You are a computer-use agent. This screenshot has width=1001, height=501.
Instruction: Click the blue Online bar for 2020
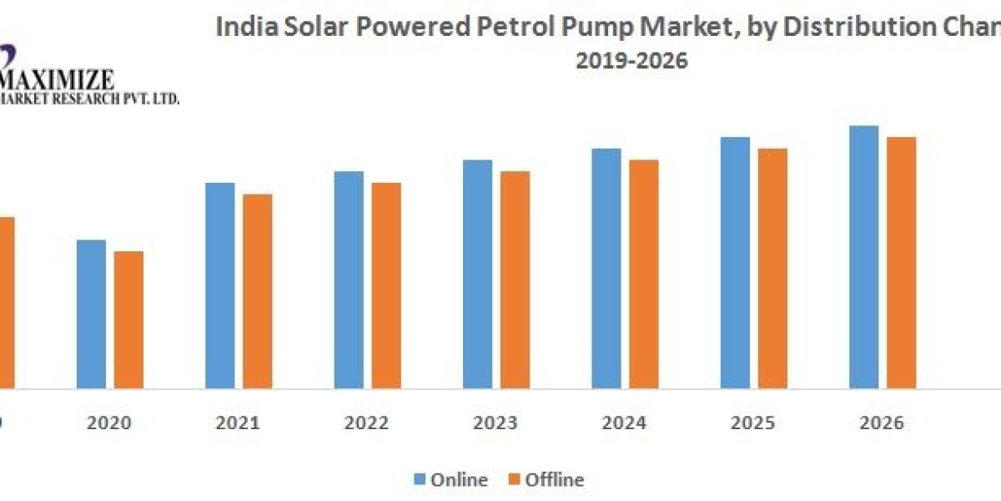(91, 314)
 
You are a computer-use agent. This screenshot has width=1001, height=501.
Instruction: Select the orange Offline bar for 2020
(128, 320)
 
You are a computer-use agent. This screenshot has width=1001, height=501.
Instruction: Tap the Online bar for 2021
(220, 285)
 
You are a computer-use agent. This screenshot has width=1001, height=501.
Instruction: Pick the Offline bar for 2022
(386, 285)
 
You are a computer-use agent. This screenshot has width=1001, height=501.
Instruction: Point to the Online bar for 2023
(478, 274)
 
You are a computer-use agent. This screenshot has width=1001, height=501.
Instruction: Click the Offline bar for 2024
(644, 274)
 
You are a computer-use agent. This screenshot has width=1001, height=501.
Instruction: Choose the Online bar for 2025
(735, 262)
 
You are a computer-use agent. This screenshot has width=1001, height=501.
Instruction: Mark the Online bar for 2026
(864, 257)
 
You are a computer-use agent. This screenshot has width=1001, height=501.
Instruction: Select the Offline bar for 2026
(902, 262)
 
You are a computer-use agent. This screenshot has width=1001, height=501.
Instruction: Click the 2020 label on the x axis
(109, 423)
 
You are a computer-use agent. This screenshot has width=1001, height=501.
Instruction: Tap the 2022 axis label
(367, 423)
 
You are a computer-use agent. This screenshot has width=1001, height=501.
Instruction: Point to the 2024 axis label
(625, 423)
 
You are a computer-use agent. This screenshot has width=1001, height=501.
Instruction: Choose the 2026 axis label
(883, 423)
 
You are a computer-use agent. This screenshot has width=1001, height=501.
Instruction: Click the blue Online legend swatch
(421, 479)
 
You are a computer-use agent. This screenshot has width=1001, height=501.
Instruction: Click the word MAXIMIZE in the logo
(58, 81)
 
